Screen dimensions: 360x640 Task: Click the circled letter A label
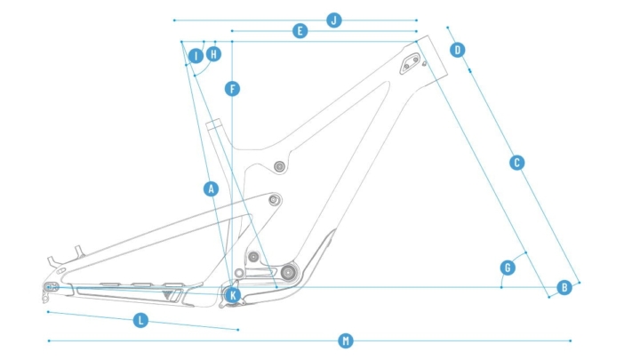click(211, 188)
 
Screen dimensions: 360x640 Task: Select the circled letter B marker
click(564, 287)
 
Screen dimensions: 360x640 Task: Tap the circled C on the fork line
click(516, 163)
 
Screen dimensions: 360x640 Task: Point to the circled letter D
click(458, 50)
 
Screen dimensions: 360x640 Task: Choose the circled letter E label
click(300, 31)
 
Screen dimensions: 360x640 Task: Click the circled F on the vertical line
click(232, 89)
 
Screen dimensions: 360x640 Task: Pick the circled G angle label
click(508, 267)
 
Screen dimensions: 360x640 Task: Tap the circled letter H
click(213, 54)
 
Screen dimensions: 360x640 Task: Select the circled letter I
click(196, 56)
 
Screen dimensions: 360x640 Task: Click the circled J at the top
click(334, 20)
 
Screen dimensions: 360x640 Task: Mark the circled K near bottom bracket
click(233, 293)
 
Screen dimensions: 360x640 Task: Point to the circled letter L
click(140, 320)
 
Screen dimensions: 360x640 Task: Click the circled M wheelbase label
click(346, 340)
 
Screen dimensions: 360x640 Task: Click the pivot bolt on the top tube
click(280, 166)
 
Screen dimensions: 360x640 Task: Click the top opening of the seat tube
click(213, 125)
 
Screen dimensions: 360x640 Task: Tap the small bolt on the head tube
click(426, 64)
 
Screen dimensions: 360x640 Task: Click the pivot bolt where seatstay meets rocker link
click(274, 200)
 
